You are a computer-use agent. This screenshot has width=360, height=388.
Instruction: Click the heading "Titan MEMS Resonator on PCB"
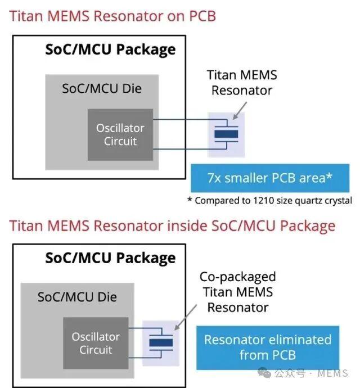112,16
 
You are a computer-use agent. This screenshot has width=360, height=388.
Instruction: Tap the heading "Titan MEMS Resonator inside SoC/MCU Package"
172,226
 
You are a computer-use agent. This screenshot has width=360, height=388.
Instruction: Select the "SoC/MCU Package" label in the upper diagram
110,49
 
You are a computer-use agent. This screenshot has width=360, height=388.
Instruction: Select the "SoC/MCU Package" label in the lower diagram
110,258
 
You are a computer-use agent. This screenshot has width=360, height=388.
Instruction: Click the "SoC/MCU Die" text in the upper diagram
102,89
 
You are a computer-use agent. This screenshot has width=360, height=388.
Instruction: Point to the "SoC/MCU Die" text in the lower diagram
77,297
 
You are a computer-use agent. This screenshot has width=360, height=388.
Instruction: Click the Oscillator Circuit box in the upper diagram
120,134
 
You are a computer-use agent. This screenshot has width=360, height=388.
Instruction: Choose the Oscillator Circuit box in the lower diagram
96,343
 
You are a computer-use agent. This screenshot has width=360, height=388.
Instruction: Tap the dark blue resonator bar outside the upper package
226,134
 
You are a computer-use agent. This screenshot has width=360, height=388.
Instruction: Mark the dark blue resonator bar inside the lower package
161,342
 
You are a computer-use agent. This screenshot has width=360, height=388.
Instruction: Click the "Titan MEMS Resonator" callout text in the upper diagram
242,83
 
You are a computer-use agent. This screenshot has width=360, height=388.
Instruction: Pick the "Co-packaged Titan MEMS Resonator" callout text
238,292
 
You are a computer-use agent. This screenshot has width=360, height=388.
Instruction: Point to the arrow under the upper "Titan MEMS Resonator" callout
240,111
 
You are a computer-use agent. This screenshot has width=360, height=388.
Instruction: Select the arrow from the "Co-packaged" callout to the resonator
186,317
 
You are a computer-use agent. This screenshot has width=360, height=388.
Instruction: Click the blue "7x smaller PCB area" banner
270,178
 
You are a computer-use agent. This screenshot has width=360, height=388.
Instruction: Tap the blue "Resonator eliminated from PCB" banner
268,348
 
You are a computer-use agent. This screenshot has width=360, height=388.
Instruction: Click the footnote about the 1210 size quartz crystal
269,200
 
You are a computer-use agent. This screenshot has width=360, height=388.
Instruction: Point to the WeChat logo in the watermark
264,373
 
